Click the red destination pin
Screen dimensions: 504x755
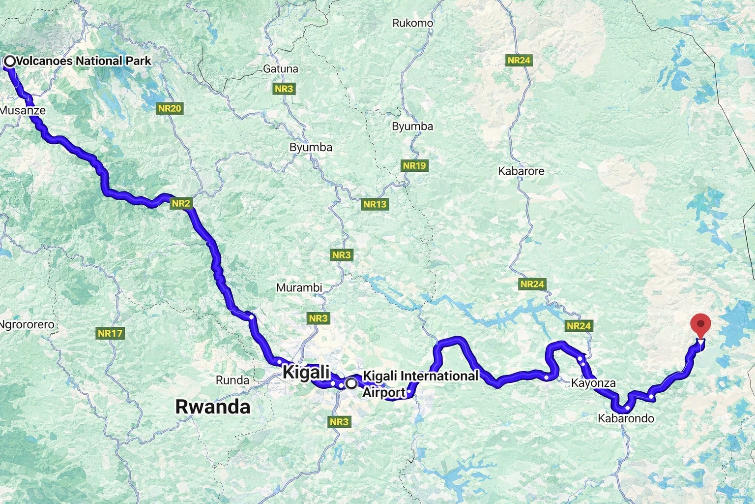click(700, 325)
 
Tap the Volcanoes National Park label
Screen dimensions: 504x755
click(84, 61)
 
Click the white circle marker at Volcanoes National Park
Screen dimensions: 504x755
click(10, 61)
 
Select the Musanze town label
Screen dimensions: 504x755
click(23, 110)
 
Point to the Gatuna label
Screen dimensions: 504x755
click(281, 69)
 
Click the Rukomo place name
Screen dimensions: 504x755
click(413, 23)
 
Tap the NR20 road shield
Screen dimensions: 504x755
click(170, 108)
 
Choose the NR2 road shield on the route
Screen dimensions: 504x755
click(181, 203)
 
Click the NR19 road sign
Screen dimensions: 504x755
click(414, 165)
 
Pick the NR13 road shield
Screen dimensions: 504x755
click(375, 204)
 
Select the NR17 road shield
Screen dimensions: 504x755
click(110, 333)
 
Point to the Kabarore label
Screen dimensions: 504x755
click(521, 171)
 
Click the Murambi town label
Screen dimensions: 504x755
click(299, 287)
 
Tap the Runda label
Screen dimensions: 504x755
click(232, 380)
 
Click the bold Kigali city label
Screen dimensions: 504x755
click(306, 373)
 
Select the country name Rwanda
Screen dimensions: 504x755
click(213, 407)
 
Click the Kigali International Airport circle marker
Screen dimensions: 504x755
click(351, 383)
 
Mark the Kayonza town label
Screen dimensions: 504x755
click(593, 383)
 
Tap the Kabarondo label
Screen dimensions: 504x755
click(626, 418)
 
